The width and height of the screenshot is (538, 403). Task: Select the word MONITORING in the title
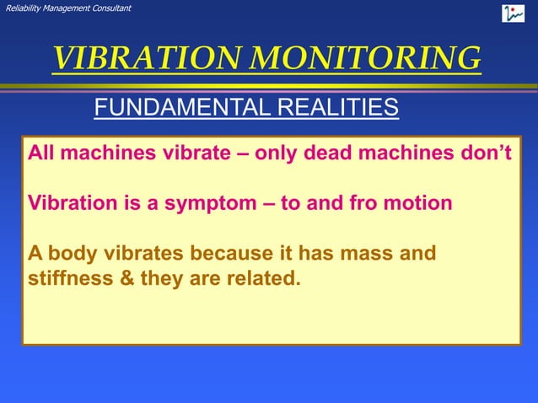click(369, 58)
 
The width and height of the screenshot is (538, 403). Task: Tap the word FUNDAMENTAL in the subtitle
click(175, 108)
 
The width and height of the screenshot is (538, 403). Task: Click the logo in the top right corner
click(513, 13)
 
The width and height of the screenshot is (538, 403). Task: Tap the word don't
click(491, 154)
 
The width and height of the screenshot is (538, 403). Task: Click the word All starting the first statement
click(43, 154)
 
